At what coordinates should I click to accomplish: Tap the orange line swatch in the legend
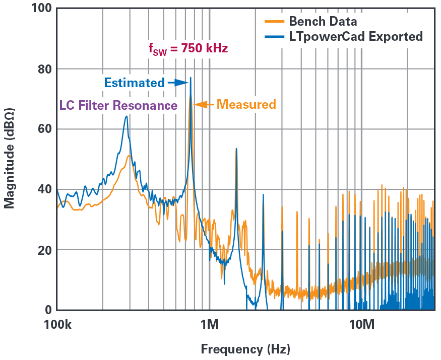(274, 22)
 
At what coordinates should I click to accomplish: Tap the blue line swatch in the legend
(274, 36)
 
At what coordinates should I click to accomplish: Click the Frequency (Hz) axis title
(245, 349)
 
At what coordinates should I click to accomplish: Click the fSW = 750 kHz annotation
(187, 49)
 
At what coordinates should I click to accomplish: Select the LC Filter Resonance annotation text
(118, 106)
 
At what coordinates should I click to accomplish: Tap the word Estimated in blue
(134, 83)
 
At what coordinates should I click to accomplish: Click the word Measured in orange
(246, 105)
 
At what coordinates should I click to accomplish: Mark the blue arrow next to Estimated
(177, 83)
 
